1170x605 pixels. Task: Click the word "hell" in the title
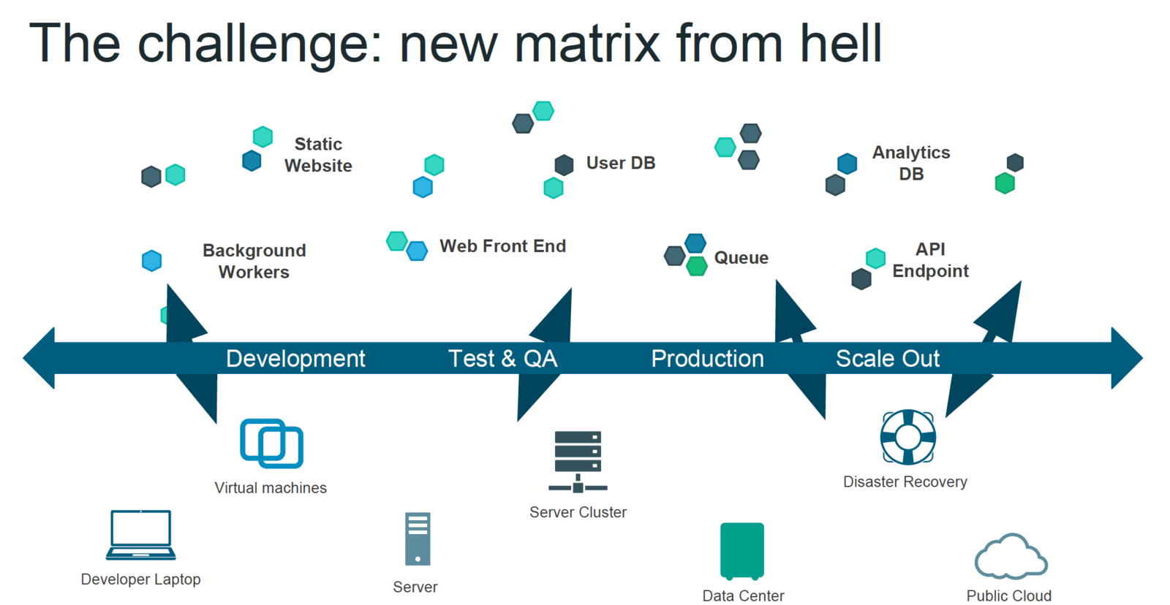[840, 43]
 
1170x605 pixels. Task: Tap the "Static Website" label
[318, 155]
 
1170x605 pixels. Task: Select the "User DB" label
[620, 163]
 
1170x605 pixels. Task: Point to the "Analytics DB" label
[911, 163]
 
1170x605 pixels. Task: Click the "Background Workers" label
[254, 261]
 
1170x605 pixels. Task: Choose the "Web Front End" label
[502, 246]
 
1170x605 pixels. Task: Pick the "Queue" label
[741, 258]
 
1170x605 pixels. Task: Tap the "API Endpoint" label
[930, 260]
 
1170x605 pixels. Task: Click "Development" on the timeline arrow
[295, 359]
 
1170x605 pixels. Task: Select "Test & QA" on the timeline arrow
[502, 359]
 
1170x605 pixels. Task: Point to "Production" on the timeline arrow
[707, 359]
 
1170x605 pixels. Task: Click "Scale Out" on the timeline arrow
[887, 359]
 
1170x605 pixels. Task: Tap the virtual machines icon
[271, 443]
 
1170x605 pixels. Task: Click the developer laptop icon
[140, 535]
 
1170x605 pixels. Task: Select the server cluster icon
[578, 461]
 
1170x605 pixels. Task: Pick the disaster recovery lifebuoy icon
[907, 437]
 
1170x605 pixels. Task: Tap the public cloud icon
[1011, 557]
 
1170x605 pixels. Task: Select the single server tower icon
[418, 539]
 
